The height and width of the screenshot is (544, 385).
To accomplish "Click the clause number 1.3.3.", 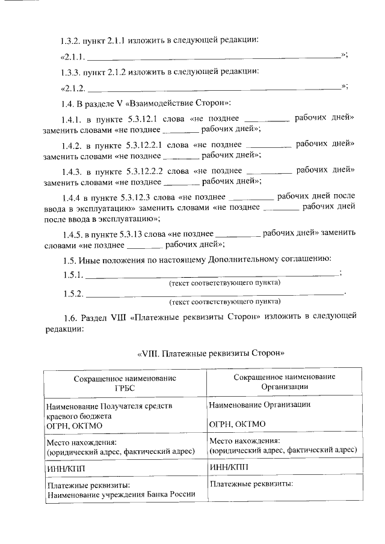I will [x=72, y=72].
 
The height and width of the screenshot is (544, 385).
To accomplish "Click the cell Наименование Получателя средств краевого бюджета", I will [x=109, y=411].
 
